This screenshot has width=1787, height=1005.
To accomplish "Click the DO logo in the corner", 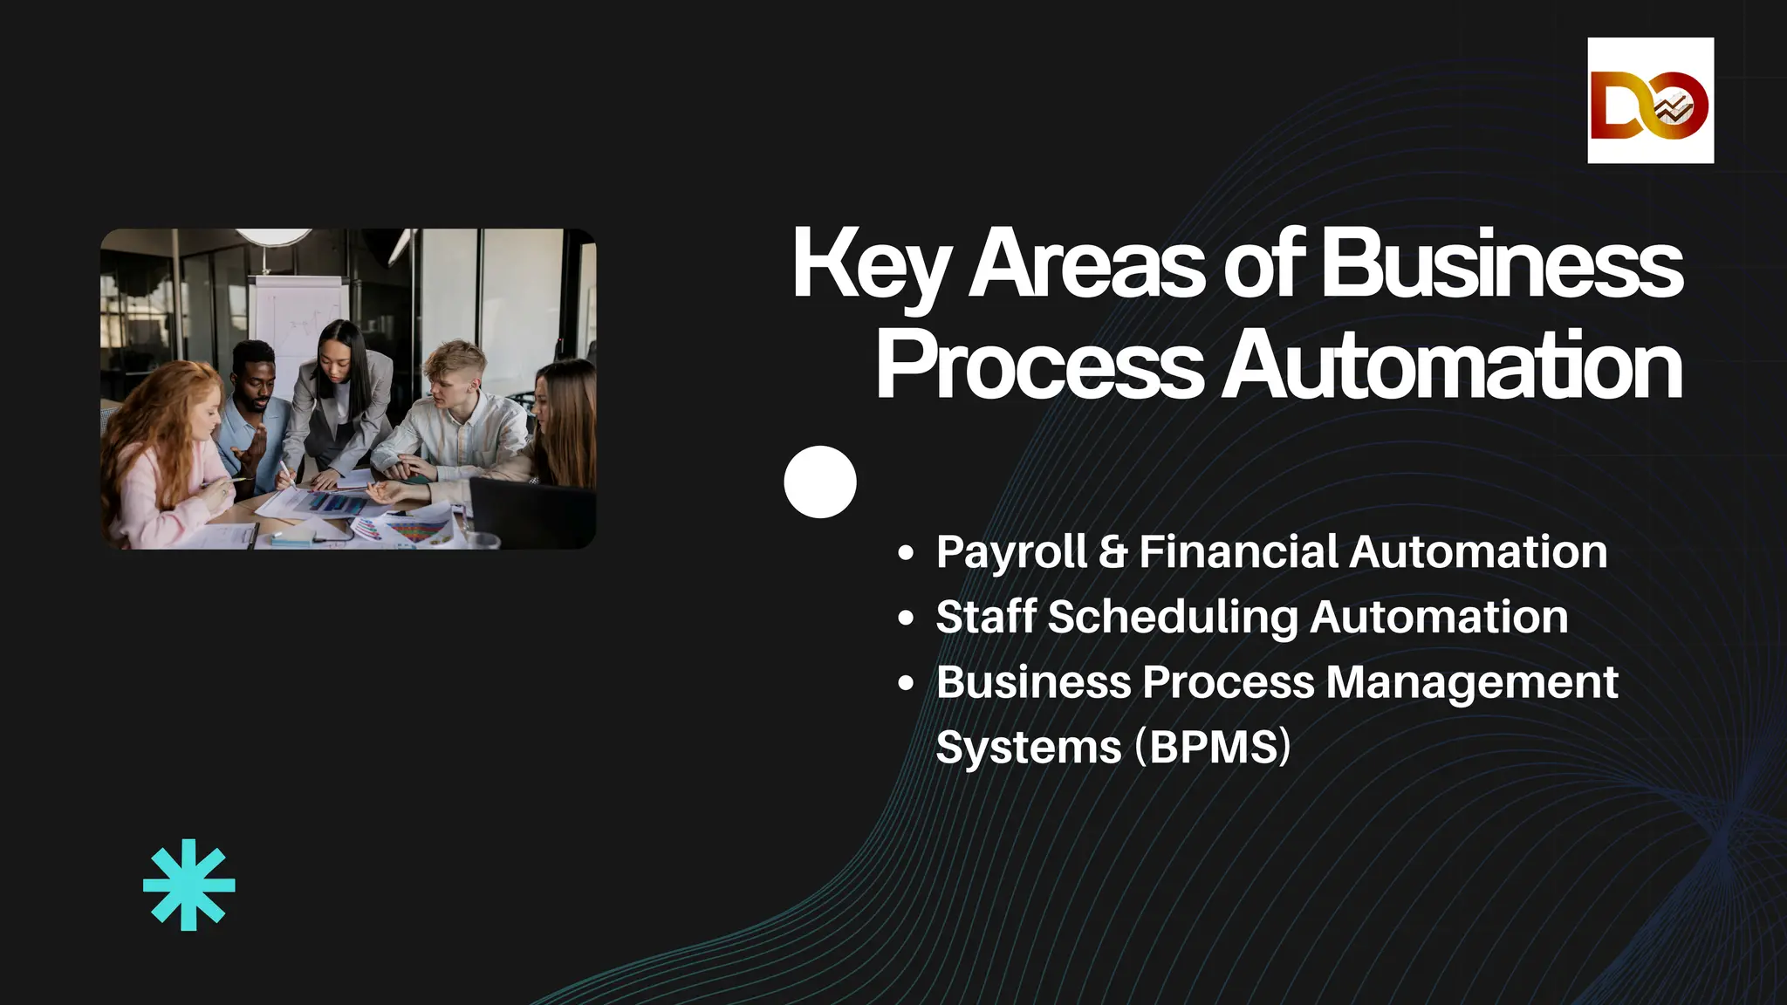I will pyautogui.click(x=1650, y=100).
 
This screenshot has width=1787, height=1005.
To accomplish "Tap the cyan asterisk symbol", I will pyautogui.click(x=188, y=885).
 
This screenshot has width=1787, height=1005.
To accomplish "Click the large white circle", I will pyautogui.click(x=819, y=482).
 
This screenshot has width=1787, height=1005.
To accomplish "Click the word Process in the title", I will pyautogui.click(x=1038, y=367).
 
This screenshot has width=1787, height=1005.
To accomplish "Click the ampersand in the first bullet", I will pyautogui.click(x=1113, y=552).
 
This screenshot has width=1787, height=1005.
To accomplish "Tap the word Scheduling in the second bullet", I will pyautogui.click(x=1173, y=618).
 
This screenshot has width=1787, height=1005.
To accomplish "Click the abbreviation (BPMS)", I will pyautogui.click(x=1213, y=747).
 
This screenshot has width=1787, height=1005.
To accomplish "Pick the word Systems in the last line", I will pyautogui.click(x=1028, y=749).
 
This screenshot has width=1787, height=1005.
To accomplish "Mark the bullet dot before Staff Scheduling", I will pyautogui.click(x=906, y=618).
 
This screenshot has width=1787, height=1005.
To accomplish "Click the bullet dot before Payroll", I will pyautogui.click(x=906, y=552).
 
